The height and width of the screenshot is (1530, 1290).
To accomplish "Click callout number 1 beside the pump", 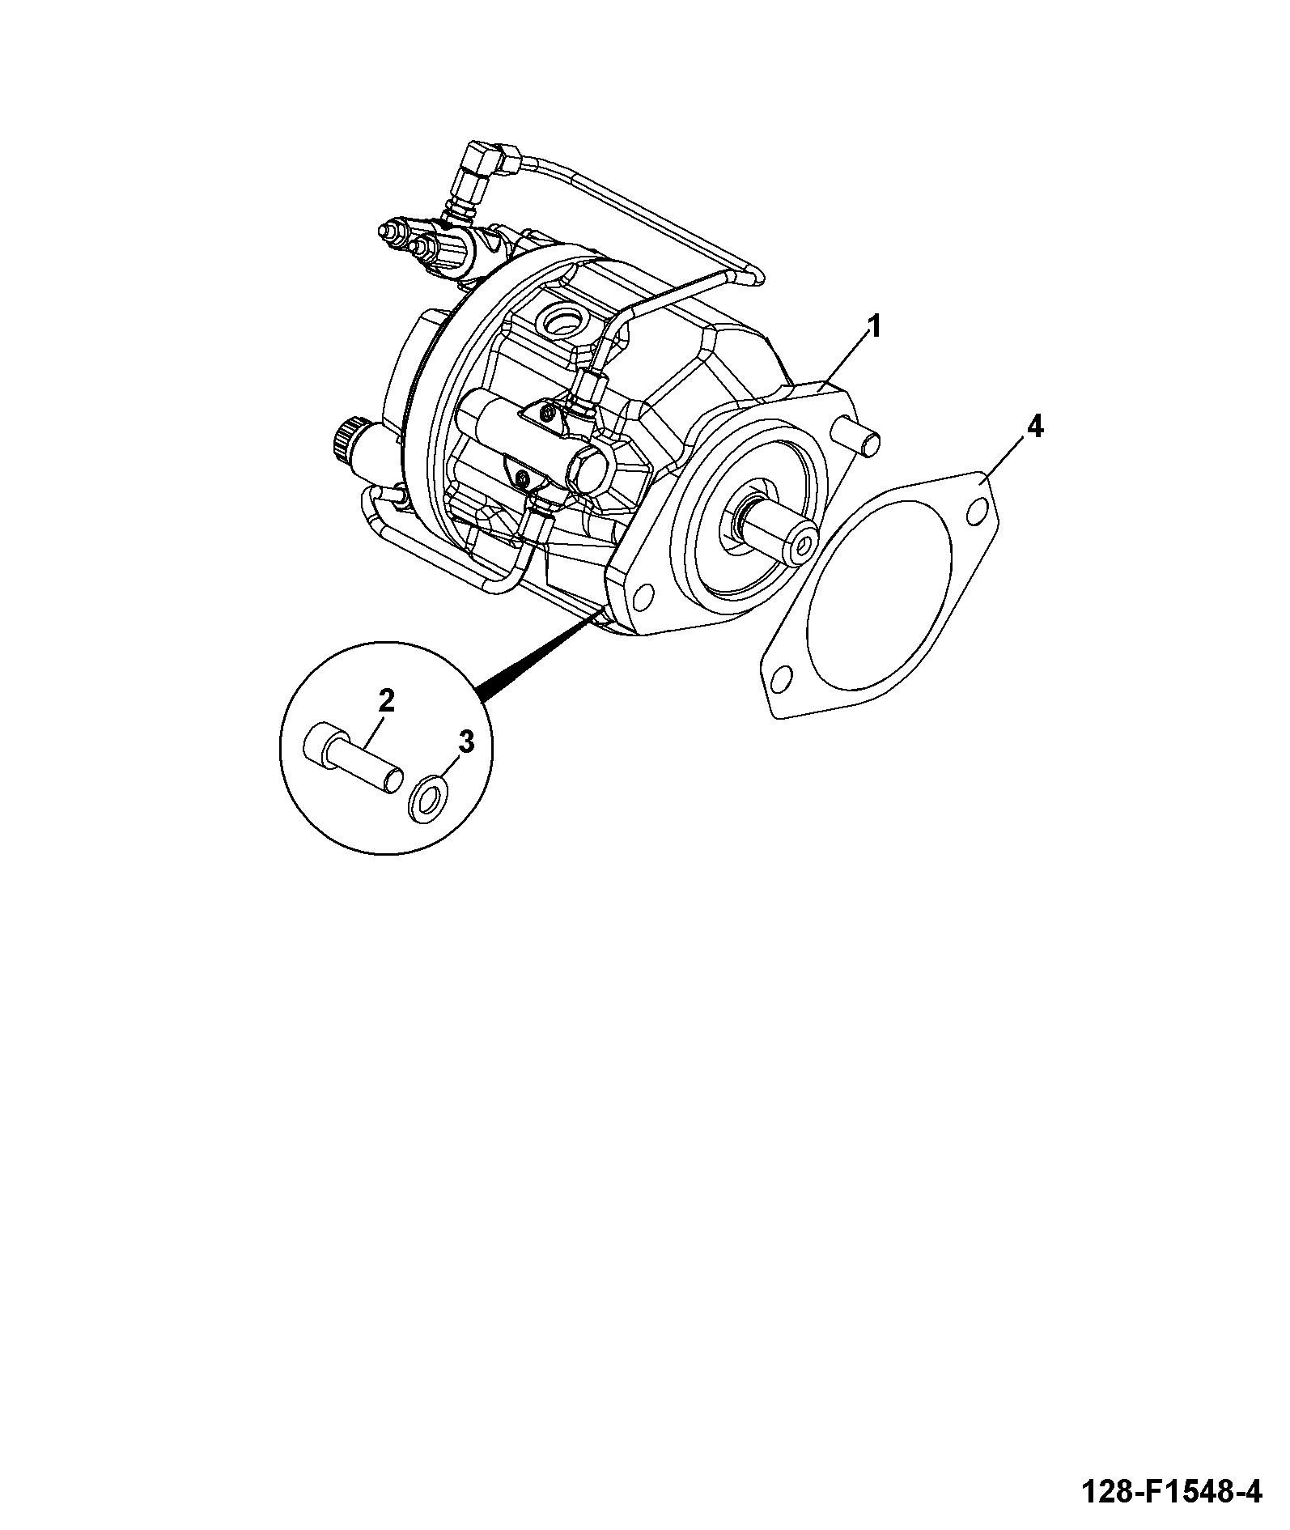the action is coord(873,327).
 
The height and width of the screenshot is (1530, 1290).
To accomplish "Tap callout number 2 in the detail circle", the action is coord(386,700).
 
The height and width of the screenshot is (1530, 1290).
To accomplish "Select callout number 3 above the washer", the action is coord(465,742).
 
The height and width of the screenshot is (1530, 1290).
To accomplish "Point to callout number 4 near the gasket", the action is coord(1033,427).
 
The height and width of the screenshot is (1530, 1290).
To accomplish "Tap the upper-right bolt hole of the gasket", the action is coord(976,511).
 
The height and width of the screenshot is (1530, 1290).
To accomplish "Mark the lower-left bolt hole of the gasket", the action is coord(781,677).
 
